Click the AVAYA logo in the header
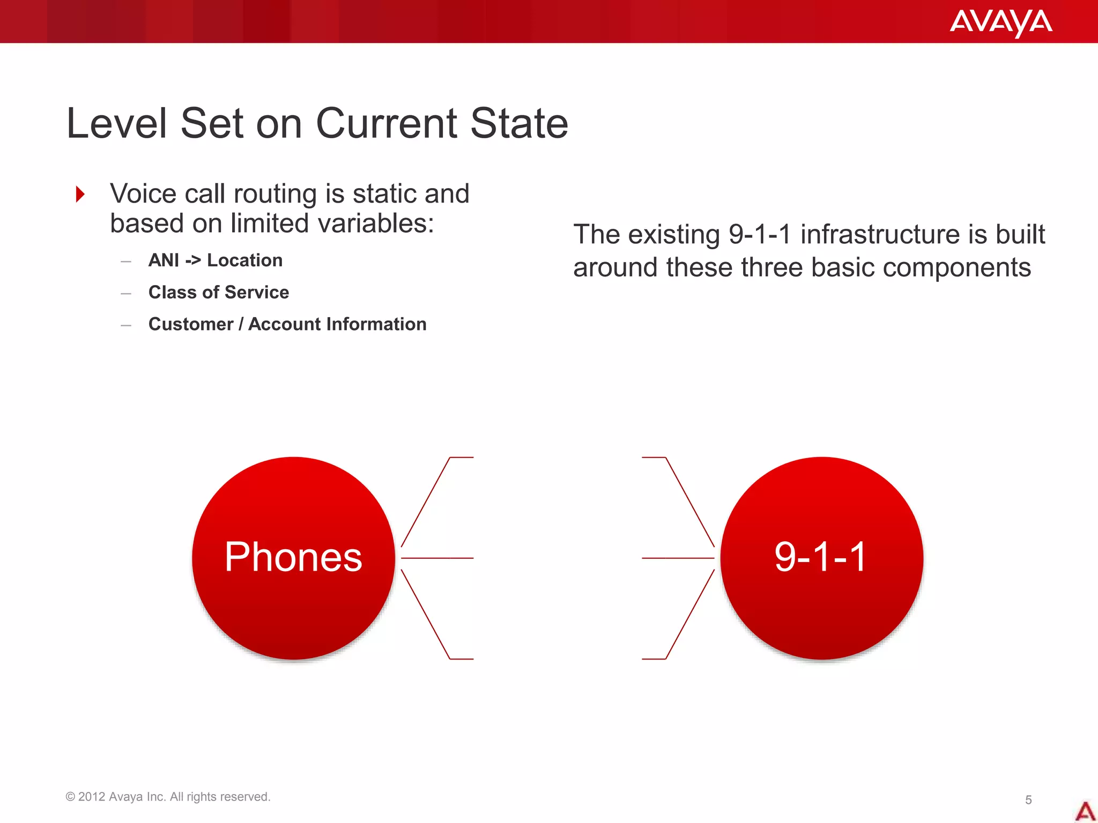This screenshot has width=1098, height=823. pos(1000,23)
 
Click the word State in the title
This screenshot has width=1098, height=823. pos(518,124)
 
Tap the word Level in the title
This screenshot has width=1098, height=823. pos(117,124)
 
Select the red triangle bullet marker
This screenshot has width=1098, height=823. pos(80,194)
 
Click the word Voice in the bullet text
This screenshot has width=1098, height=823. pos(143,194)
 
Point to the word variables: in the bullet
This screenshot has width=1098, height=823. pos(375,224)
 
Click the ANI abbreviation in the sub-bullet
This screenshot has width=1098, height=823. pos(164,260)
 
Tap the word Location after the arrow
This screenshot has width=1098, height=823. pos(244,260)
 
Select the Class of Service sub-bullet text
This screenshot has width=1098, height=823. pos(218,293)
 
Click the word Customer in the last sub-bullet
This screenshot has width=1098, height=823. pos(190,324)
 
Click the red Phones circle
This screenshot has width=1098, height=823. pos(293,558)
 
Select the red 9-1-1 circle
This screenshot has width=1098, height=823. pos(821,558)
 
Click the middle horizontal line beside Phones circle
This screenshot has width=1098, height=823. pos(437,558)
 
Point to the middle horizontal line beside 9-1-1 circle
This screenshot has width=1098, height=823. pos(678,558)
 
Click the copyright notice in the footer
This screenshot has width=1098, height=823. pos(168,797)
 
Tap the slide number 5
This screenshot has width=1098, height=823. pos(1028,800)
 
